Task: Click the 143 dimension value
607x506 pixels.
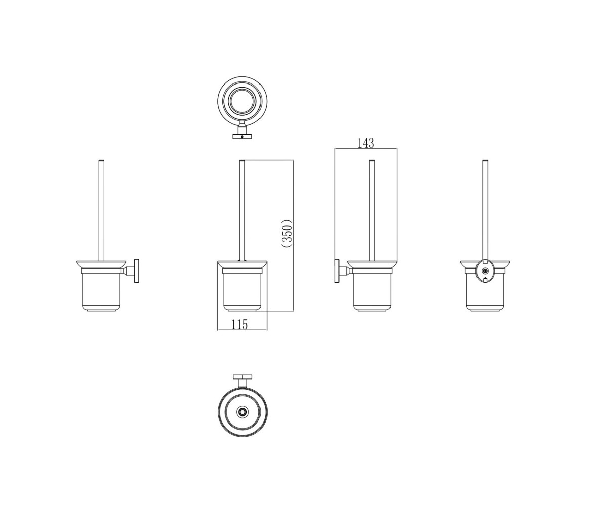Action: [x=365, y=143]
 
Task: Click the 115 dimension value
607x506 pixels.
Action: [x=240, y=324]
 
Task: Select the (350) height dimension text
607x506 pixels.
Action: [x=287, y=233]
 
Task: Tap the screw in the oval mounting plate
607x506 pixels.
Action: [x=484, y=271]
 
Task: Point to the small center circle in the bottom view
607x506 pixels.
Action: [x=242, y=412]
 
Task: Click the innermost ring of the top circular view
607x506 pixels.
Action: [x=242, y=102]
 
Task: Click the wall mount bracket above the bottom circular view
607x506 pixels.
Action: [x=242, y=382]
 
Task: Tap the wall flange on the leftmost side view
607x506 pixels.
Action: [x=136, y=271]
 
